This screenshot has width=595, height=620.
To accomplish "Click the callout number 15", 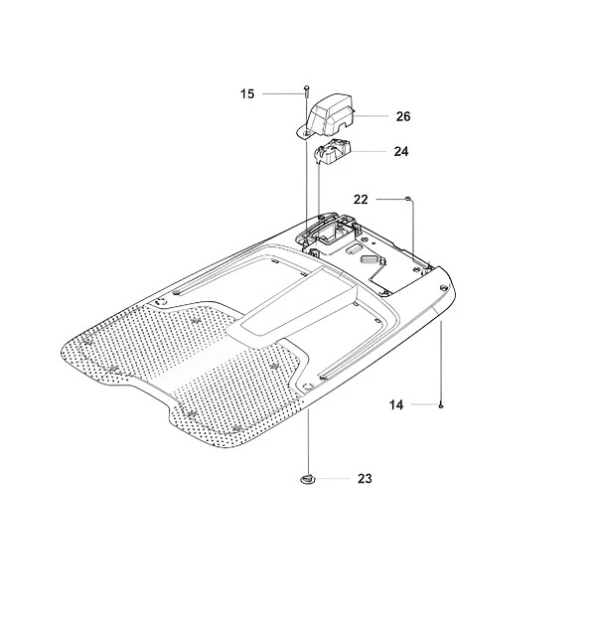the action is click(247, 94).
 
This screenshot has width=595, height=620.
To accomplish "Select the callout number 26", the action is click(403, 116).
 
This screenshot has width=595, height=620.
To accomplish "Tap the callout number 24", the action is click(401, 151).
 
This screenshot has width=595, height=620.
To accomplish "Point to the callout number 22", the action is click(361, 200).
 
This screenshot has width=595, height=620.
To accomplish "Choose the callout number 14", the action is click(396, 405).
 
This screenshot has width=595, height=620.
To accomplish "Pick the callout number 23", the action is click(365, 479).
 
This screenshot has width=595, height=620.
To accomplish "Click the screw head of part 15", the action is click(306, 87).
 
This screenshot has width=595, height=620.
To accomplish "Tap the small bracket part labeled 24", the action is click(333, 150).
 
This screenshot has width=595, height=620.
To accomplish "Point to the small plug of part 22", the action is click(407, 198).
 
